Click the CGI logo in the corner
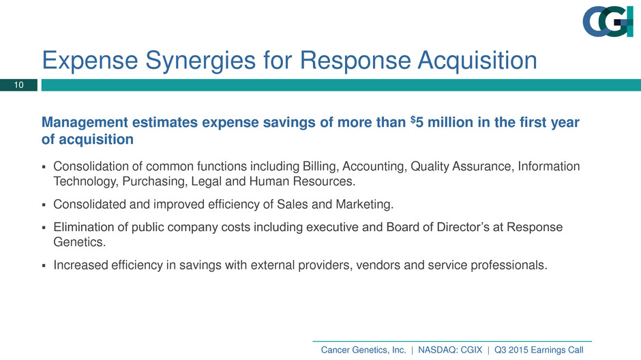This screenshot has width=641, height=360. click(608, 22)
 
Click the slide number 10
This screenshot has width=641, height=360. click(19, 85)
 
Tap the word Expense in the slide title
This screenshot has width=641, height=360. click(90, 61)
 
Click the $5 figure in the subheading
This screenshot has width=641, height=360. click(417, 122)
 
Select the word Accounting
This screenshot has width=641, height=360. click(374, 167)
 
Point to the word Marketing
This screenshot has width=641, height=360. click(364, 205)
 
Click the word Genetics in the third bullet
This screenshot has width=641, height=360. click(79, 242)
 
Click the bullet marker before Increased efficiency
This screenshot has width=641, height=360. click(44, 266)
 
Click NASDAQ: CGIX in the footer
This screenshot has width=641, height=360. click(450, 350)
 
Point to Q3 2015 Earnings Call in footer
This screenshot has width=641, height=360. click(539, 350)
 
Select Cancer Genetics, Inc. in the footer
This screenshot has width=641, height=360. click(363, 350)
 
